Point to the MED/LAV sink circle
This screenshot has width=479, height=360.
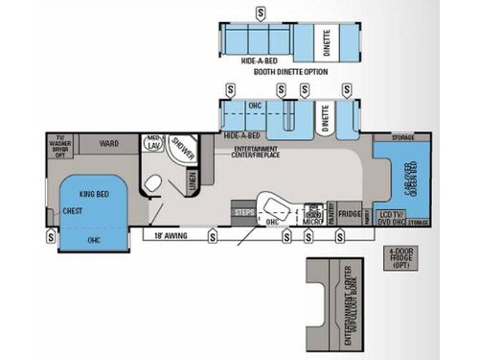click(x=153, y=142)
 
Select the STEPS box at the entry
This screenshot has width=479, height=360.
click(x=242, y=209)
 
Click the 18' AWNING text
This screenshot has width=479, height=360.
click(x=174, y=234)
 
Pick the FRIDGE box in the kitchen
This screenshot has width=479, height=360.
click(x=350, y=213)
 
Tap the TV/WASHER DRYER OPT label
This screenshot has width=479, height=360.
click(x=60, y=145)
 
